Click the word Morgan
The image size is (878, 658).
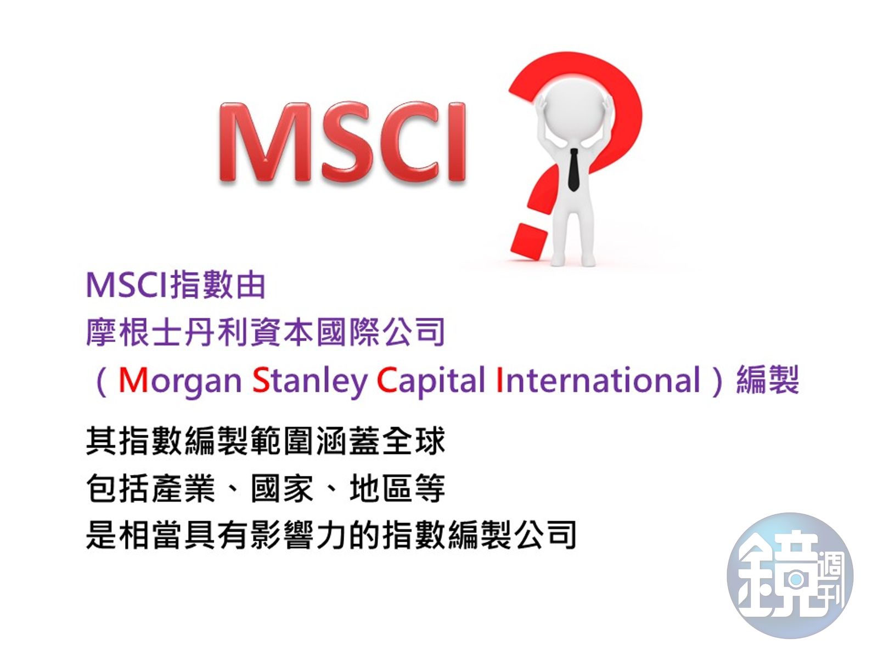pos(180,381)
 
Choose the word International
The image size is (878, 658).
pos(598,381)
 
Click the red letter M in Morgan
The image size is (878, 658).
pos(133,380)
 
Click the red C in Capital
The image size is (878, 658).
pos(386,380)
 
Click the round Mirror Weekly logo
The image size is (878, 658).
pos(790,575)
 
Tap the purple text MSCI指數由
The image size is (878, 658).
pos(176,285)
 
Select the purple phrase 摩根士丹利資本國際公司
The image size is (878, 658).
pos(265,332)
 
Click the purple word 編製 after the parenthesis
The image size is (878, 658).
pos(767,380)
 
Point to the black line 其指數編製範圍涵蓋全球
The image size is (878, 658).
pos(265,441)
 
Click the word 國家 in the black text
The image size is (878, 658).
pos(282,489)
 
